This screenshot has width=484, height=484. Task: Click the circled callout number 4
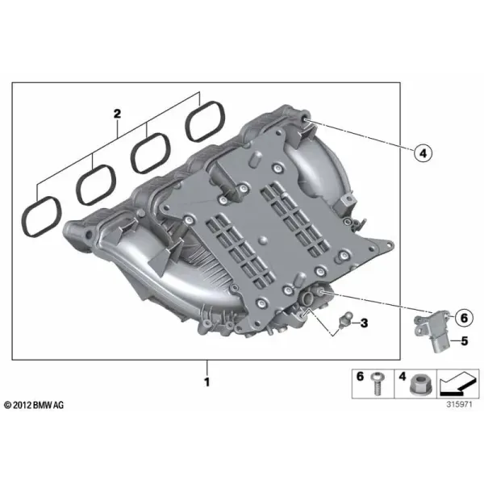423,152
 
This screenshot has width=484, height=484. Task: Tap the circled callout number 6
464,318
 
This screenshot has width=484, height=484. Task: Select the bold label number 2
117,114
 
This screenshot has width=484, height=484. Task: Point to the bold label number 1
207,382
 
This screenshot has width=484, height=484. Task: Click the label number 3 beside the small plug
365,323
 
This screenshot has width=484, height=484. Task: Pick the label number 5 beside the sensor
465,341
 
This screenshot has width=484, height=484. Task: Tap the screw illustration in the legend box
378,384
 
